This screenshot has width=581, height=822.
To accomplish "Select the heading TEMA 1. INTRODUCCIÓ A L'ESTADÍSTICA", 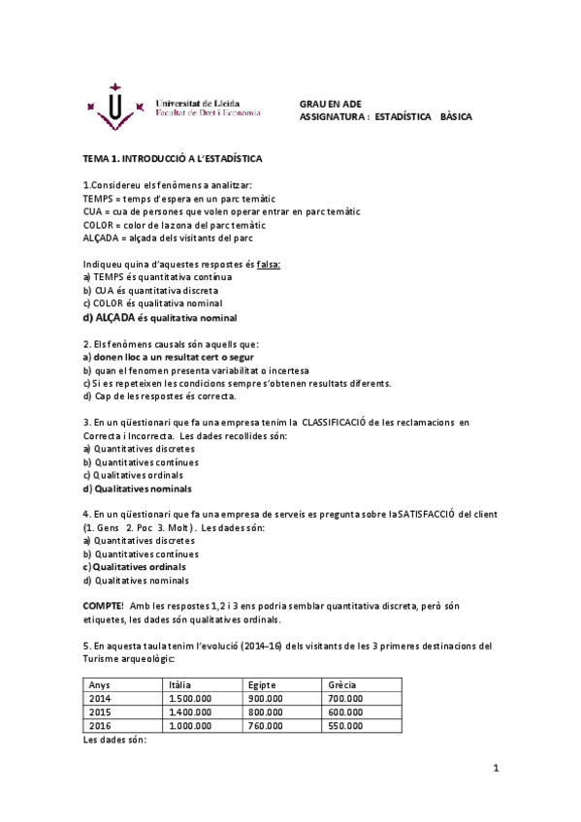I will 173,158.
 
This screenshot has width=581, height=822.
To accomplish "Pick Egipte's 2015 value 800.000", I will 266,711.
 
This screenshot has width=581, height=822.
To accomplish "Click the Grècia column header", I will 342,684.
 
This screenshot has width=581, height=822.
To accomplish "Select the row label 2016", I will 100,724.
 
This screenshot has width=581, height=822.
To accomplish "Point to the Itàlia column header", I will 181,684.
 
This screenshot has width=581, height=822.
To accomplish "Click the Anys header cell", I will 100,684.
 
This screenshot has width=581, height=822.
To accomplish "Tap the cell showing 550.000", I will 345,724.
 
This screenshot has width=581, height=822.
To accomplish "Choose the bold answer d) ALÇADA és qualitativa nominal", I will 160,317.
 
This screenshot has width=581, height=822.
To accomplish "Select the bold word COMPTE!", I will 104,605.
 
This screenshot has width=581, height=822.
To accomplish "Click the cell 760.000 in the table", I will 266,724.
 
